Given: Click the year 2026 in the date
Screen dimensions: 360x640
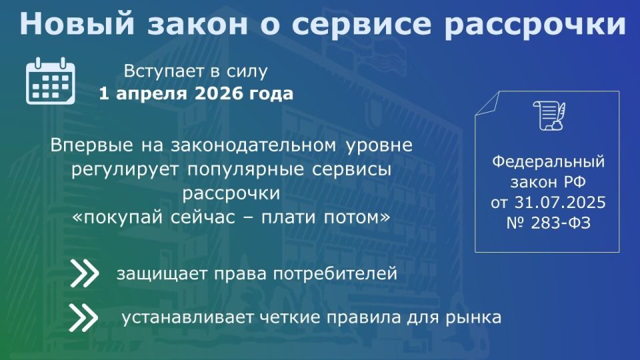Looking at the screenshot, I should (221, 93).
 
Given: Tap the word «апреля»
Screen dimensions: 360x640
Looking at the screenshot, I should (149, 93).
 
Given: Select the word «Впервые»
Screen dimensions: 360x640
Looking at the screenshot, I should (84, 145).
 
